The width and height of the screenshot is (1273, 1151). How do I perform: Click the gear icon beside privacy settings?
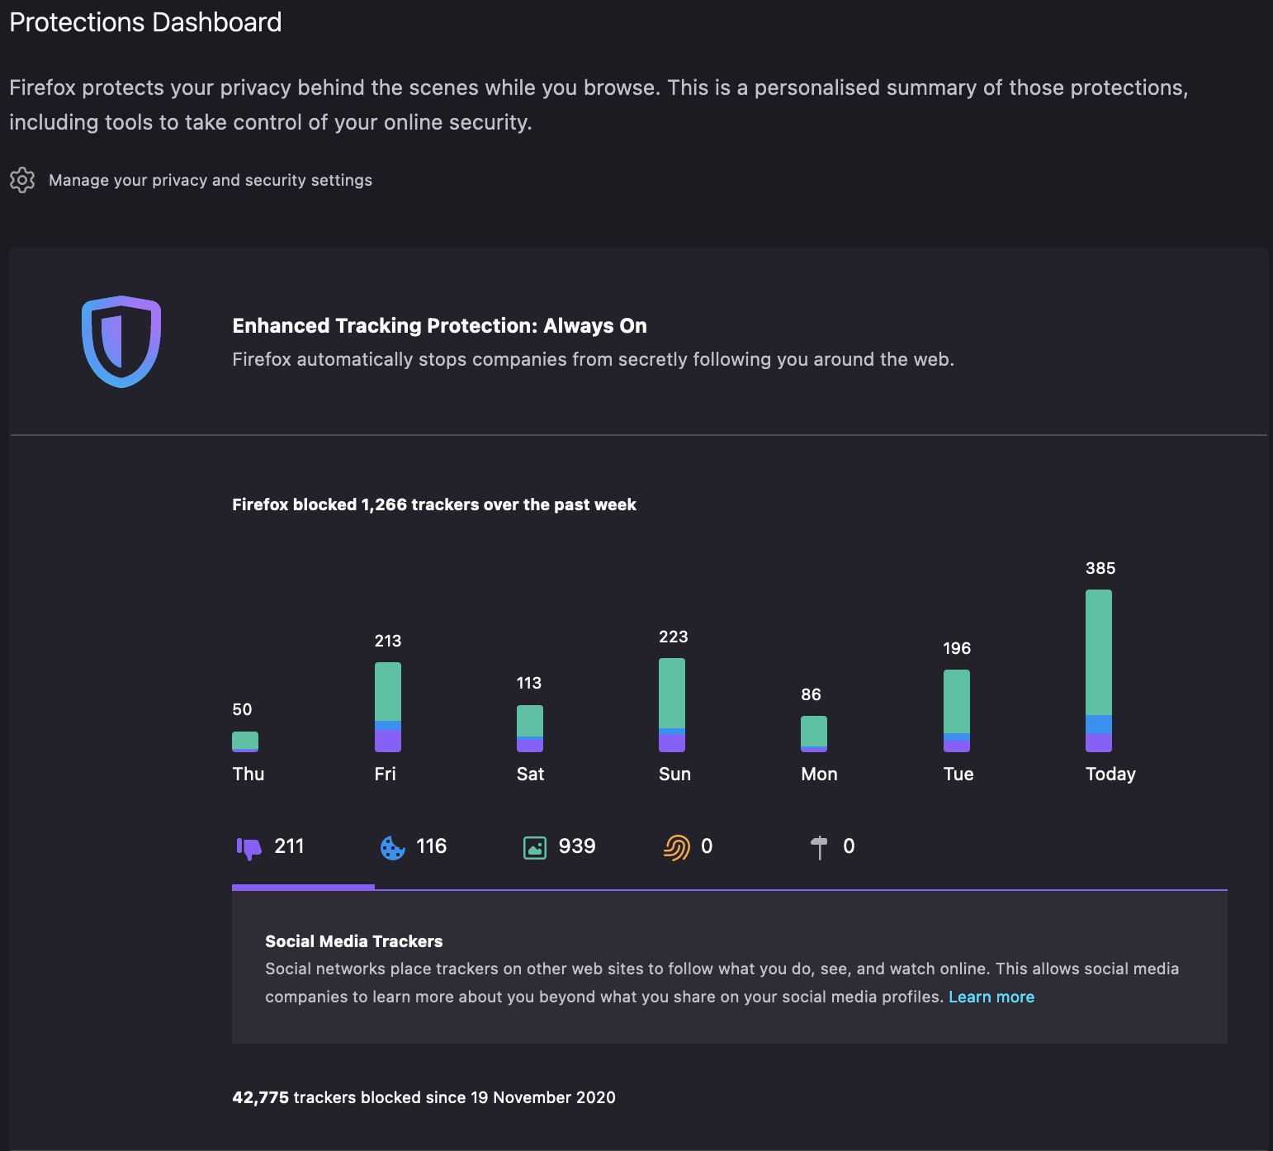point(22,180)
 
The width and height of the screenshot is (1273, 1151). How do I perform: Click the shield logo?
point(121,341)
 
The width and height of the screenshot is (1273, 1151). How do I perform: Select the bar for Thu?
point(245,741)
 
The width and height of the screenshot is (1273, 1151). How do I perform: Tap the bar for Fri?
point(388,707)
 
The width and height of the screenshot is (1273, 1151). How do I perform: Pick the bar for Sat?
point(530,728)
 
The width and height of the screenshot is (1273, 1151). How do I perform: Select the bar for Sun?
point(672,705)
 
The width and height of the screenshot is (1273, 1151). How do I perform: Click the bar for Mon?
point(814,734)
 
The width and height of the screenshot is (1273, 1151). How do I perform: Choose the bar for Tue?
point(957,711)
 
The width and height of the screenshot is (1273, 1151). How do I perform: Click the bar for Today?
point(1099,670)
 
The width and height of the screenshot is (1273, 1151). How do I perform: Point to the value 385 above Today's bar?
point(1100,568)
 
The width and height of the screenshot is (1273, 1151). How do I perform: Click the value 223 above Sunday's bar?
point(674,637)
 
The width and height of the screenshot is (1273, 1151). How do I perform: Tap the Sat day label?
point(531,774)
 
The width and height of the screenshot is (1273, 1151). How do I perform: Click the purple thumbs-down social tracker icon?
point(248,848)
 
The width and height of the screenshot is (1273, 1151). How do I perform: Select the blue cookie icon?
point(392,848)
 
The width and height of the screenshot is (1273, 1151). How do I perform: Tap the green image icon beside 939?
point(535,848)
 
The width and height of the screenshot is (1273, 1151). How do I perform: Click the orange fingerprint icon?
point(677,848)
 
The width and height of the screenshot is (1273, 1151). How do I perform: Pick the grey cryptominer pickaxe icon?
point(819,848)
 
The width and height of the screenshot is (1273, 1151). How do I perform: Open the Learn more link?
point(991,997)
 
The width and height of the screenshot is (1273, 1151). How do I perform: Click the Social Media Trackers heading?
point(354,941)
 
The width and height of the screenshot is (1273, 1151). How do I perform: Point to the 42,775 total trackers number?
point(261,1097)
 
